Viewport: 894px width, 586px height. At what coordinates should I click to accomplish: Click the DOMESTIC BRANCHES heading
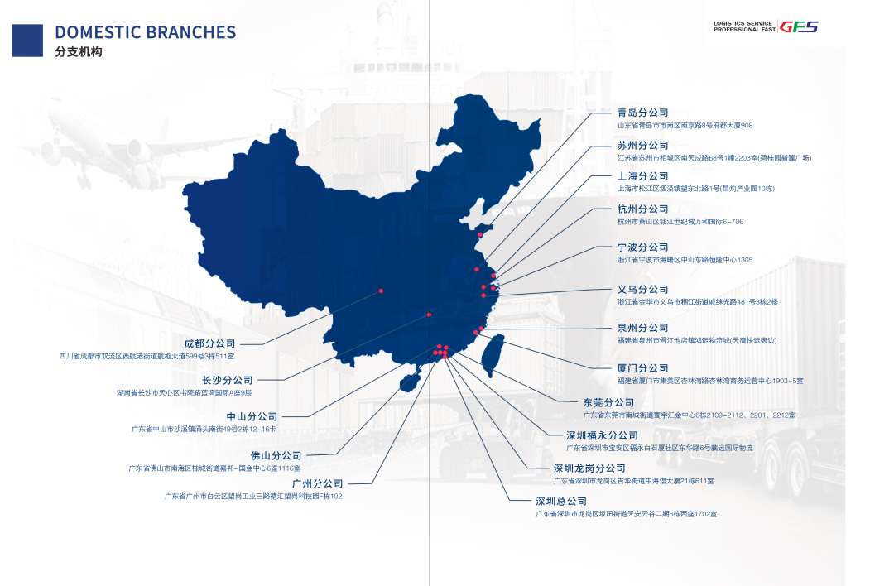coord(145,32)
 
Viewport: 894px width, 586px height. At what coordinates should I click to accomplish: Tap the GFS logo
coord(799,26)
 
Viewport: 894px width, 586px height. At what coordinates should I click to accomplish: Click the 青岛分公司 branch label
coord(642,113)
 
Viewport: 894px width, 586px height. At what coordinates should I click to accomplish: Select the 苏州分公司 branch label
coord(642,146)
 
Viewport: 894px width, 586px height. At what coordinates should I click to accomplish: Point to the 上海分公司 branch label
coord(642,176)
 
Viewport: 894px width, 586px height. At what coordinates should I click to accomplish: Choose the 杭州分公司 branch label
coord(642,209)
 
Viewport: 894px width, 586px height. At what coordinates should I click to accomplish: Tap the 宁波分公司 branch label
coord(642,247)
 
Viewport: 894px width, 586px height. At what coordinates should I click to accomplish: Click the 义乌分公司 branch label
coord(642,290)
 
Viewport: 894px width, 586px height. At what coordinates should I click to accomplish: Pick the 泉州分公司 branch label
coord(642,329)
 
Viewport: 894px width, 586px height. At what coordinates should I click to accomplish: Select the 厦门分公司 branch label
coord(642,368)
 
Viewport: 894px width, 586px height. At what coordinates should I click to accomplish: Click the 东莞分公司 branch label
coord(608,403)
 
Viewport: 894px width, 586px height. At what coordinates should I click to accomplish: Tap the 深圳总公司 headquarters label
coord(560,502)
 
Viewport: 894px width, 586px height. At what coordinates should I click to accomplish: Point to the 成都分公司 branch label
coord(209,343)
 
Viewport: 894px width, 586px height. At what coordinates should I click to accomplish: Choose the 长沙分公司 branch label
coord(228,381)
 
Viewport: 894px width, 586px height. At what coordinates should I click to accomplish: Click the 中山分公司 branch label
coord(252,417)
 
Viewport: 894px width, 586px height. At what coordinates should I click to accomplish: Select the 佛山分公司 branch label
coord(276,456)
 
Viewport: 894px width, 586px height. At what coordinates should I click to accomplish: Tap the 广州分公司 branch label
coord(317,483)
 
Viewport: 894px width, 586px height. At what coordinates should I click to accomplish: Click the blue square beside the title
coord(27,40)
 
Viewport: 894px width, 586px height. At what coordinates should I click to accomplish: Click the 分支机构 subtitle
coord(79,51)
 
